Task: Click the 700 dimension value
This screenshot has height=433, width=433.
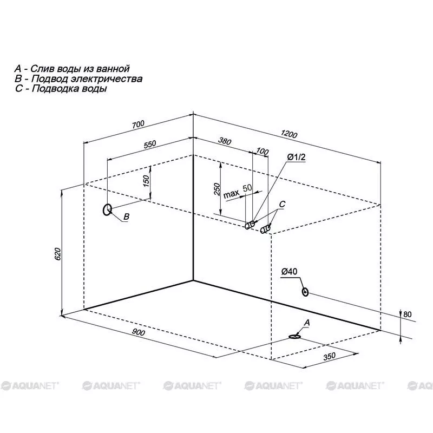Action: point(138,124)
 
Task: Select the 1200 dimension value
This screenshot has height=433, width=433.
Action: point(289,134)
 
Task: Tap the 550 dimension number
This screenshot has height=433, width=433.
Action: point(150,145)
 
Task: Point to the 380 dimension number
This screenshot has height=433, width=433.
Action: point(225,141)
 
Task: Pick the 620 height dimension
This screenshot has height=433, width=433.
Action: point(58,254)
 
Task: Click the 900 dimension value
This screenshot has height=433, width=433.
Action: point(138,332)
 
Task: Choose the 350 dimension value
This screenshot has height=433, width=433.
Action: point(329,356)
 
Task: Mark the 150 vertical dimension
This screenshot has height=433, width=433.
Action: point(146,181)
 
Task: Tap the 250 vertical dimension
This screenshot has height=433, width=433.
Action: point(218,189)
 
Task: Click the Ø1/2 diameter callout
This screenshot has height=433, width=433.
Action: point(296,157)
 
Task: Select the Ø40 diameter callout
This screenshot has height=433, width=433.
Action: point(290,272)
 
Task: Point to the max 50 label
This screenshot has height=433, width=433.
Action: point(238,191)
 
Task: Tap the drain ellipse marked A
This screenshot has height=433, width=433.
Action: point(294,337)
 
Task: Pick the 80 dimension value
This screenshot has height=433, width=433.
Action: point(408,314)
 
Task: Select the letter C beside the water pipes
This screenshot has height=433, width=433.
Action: point(282,204)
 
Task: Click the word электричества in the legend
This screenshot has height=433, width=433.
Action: point(107,78)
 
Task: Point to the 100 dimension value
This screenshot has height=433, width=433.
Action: point(263,151)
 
